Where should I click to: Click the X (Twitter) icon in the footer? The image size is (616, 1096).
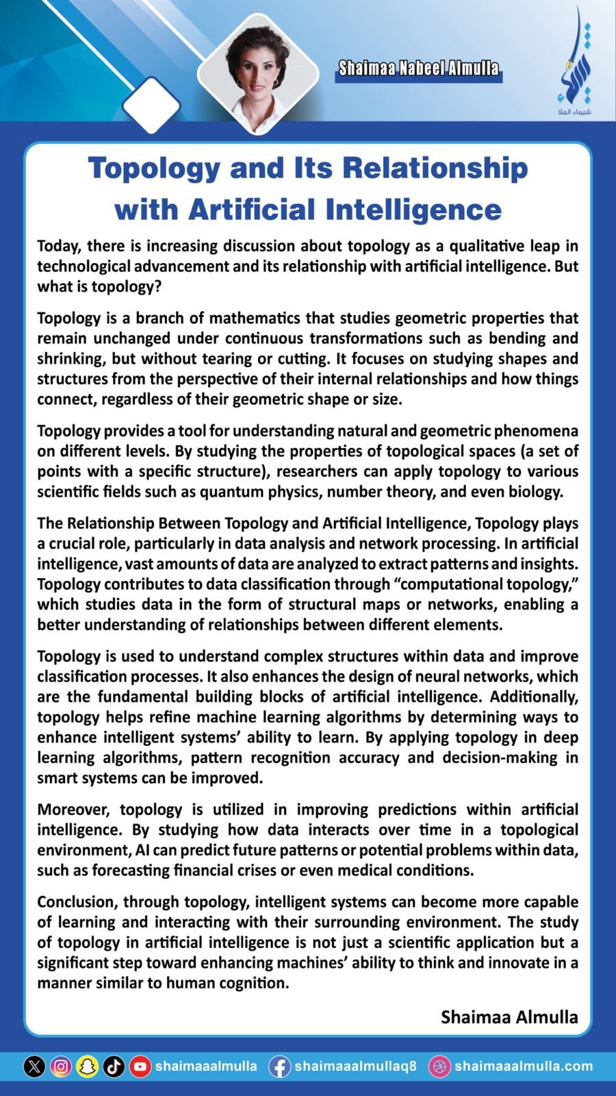click(x=34, y=1067)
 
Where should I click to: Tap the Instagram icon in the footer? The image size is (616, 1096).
click(x=61, y=1067)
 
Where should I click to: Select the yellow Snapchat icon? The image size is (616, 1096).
click(x=87, y=1067)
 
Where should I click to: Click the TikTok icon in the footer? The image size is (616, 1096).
click(x=114, y=1067)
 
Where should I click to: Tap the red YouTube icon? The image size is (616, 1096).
click(x=140, y=1067)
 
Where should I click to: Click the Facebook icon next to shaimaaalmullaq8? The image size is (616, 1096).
click(x=279, y=1067)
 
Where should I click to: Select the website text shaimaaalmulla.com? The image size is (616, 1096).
click(x=523, y=1067)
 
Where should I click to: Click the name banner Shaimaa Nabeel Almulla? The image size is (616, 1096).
click(x=418, y=68)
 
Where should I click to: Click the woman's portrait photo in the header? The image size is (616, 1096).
click(x=259, y=68)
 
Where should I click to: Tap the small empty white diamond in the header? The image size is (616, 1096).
click(x=151, y=105)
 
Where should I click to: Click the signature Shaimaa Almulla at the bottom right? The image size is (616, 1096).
click(x=509, y=1017)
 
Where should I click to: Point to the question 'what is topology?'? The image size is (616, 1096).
click(x=99, y=286)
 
